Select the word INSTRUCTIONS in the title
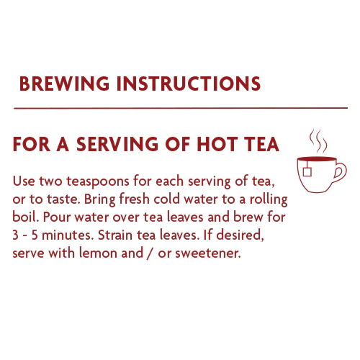click(189, 84)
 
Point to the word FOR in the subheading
click(32, 144)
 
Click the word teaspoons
click(98, 181)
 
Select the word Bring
click(100, 199)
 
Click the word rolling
click(269, 199)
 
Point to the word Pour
click(57, 217)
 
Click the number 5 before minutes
click(35, 235)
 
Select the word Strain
click(115, 235)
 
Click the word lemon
click(98, 253)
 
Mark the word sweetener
click(208, 253)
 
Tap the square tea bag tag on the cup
click(307, 172)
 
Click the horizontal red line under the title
click(181, 108)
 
